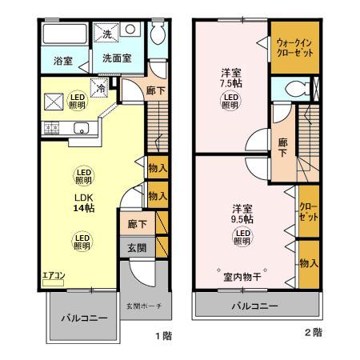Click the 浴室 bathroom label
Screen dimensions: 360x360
62,61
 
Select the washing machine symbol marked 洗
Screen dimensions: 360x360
107,34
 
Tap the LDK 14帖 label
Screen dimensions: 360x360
83,204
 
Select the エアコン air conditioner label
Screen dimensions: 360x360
54,276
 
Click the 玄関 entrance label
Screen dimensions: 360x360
136,248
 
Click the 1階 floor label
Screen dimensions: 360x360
162,336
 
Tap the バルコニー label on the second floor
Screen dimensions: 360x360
255,306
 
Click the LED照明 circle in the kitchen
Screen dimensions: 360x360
77,99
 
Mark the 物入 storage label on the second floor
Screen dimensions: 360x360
309,263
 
